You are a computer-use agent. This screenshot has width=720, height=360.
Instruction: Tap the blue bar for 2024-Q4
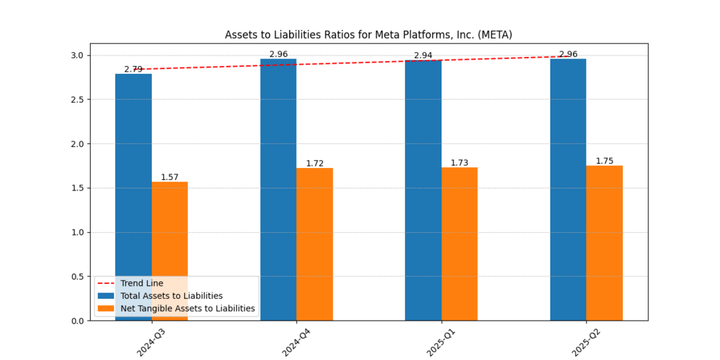[278, 190]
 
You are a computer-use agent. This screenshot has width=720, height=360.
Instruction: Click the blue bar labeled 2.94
[423, 190]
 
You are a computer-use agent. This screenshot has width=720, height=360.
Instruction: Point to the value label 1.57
[169, 177]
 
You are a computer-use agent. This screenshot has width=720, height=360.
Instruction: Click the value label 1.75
[605, 161]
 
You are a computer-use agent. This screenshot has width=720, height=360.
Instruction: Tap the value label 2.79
[133, 70]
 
